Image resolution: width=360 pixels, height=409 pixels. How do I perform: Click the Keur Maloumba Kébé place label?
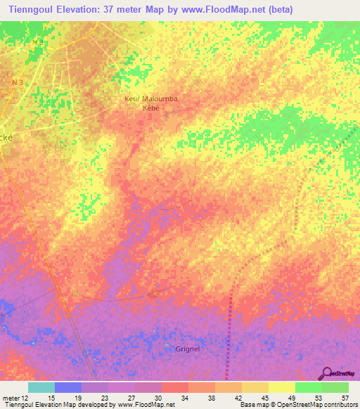point(150,103)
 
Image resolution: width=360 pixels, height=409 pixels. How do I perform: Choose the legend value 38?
point(211,397)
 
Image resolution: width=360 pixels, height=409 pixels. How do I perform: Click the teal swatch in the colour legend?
point(41,387)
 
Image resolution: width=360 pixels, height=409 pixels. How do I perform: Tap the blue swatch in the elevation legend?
point(68,387)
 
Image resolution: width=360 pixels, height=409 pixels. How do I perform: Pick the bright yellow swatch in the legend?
point(281,387)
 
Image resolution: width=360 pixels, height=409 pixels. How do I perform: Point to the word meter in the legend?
point(11,397)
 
